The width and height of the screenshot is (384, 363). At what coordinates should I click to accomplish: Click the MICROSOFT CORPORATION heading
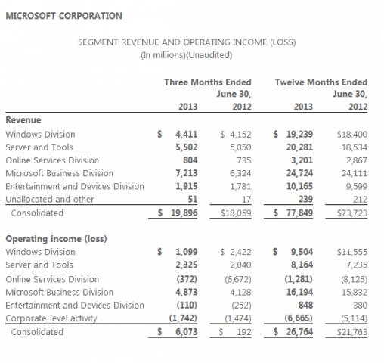pyautogui.click(x=63, y=16)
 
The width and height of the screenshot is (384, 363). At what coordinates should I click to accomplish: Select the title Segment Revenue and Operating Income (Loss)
pyautogui.click(x=187, y=42)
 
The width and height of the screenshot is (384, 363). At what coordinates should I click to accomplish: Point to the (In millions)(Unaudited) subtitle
pyautogui.click(x=187, y=55)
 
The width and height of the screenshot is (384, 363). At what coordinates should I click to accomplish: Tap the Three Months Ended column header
pyautogui.click(x=208, y=82)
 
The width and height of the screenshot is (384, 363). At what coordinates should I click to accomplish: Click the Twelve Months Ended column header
pyautogui.click(x=321, y=82)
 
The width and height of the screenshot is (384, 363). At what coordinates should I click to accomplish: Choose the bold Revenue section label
pyautogui.click(x=23, y=120)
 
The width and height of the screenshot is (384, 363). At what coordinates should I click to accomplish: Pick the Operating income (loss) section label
pyautogui.click(x=56, y=239)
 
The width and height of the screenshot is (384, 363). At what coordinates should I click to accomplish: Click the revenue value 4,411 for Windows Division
pyautogui.click(x=187, y=134)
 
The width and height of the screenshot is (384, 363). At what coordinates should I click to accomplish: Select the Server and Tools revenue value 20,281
pyautogui.click(x=299, y=147)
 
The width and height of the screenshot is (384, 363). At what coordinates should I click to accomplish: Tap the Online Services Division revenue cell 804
pyautogui.click(x=190, y=160)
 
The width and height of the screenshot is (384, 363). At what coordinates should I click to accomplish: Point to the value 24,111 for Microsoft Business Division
pyautogui.click(x=355, y=173)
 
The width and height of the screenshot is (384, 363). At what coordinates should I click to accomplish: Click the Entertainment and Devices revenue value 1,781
pyautogui.click(x=240, y=186)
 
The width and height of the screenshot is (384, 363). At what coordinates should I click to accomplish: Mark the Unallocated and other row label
pyautogui.click(x=50, y=200)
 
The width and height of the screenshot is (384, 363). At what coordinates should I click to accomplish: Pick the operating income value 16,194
pyautogui.click(x=299, y=292)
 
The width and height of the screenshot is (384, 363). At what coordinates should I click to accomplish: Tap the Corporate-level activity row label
pyautogui.click(x=51, y=318)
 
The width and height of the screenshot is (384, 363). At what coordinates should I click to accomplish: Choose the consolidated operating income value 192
pyautogui.click(x=244, y=332)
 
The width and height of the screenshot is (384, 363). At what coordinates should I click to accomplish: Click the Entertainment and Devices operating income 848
pyautogui.click(x=305, y=306)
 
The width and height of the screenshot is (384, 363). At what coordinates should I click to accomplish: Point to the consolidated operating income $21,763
pyautogui.click(x=352, y=332)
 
